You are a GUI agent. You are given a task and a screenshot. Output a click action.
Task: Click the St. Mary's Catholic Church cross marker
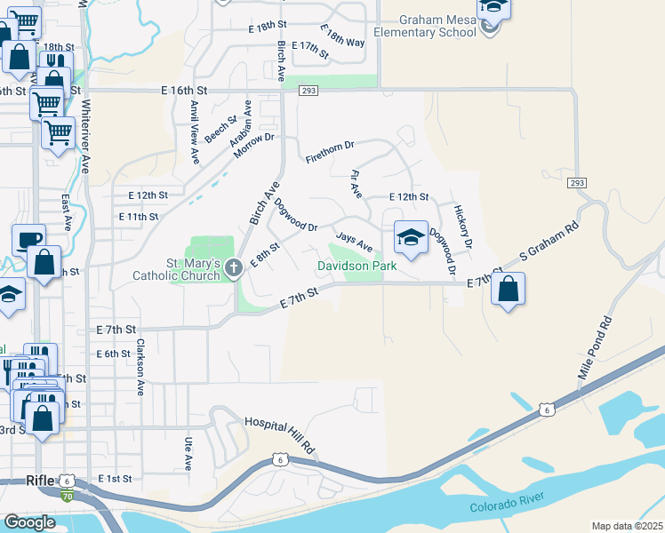[233, 266]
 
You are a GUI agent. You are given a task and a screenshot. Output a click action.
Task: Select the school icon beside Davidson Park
[411, 238]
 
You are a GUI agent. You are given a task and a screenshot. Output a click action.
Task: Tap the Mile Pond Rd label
[596, 347]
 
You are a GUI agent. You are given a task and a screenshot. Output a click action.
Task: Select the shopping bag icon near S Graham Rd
[508, 290]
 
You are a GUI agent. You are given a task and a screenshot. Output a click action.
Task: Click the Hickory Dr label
[461, 227]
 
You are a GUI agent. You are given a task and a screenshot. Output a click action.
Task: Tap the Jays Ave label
[353, 242]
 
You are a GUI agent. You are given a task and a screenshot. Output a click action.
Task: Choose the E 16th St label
[184, 91]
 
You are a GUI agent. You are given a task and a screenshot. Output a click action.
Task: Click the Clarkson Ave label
[140, 366]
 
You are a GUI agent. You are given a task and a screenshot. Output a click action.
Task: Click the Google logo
[29, 522]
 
